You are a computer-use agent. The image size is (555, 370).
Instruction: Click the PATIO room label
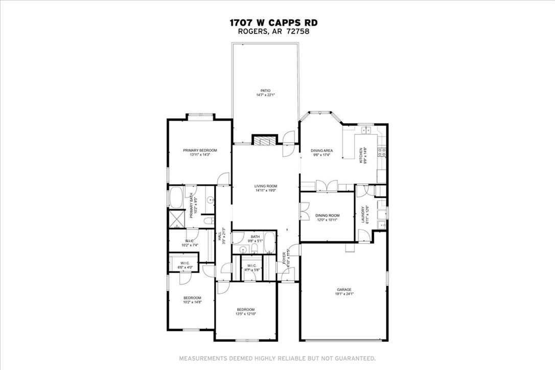265,91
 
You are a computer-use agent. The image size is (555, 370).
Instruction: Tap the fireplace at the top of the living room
265,141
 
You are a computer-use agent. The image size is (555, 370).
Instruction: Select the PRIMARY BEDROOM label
200,150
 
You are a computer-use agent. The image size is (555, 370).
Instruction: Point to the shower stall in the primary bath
176,219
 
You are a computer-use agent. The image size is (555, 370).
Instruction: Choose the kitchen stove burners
381,152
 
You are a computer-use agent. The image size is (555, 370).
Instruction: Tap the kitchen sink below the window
366,131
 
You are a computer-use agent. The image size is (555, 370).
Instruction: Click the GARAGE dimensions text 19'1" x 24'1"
344,293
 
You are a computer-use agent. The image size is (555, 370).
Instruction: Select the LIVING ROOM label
266,186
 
